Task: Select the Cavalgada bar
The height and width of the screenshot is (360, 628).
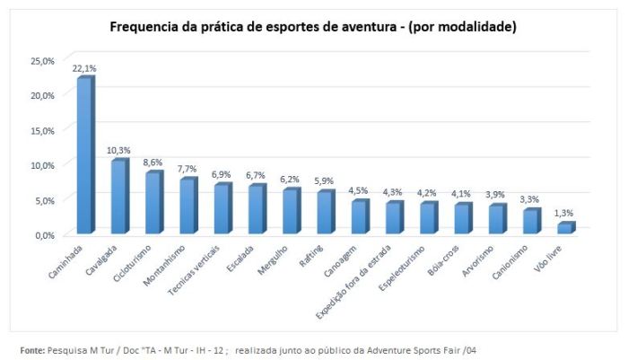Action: pos(119,198)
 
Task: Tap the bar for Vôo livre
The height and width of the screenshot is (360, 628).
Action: pos(564,229)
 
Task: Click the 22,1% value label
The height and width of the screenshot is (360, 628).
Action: pos(84,68)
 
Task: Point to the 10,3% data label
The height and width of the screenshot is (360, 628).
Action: pos(119,150)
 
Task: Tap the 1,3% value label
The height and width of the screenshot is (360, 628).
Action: pos(565,213)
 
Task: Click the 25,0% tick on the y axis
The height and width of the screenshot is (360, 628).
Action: pos(42,60)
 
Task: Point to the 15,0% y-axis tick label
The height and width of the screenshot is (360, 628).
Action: pos(42,130)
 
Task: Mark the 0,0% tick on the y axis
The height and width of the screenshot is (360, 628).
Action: pos(44,235)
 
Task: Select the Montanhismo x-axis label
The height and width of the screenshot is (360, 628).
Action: pos(170,264)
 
